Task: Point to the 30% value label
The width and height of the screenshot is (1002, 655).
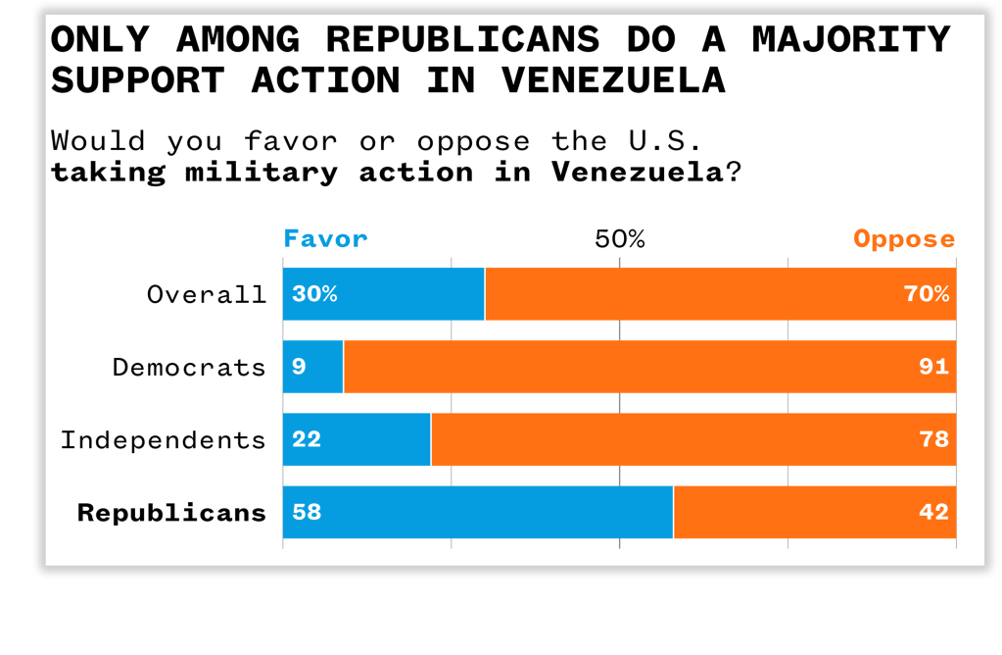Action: point(314,294)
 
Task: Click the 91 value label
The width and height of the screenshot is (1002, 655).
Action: point(933,367)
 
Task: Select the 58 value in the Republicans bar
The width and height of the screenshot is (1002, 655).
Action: point(307,512)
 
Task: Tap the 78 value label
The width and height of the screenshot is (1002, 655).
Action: point(933,439)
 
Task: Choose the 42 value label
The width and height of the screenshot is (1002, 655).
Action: point(933,512)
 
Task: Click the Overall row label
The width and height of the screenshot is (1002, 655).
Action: point(206,294)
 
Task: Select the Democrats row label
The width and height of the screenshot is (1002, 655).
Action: point(189,368)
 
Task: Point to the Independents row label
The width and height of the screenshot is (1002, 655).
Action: point(163,440)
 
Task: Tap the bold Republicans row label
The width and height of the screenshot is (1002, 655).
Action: point(171,513)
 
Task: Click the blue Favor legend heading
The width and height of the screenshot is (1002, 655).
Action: point(325,239)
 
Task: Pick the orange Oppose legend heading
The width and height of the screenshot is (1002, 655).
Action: point(903,239)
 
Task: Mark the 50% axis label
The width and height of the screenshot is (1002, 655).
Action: point(619,239)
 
